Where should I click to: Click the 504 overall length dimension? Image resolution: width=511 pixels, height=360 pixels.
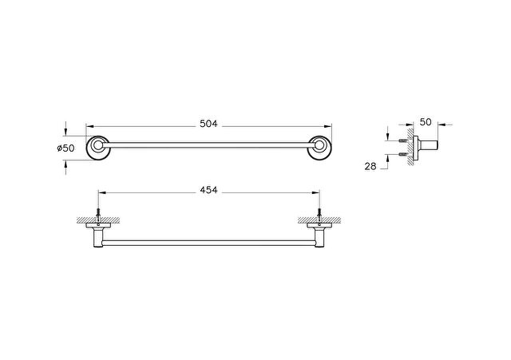click(208, 124)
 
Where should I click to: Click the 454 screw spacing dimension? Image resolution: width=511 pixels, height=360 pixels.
click(208, 190)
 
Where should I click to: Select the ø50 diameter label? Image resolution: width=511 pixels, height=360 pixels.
click(65, 148)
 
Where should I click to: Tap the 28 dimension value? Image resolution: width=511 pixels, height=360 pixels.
click(370, 167)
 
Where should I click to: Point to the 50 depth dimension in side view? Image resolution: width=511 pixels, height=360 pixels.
click(426, 122)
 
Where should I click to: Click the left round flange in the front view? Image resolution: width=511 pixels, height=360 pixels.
click(97, 148)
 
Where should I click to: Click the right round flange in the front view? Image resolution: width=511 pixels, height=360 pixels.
click(319, 148)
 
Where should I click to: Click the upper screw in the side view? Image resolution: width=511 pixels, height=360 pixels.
click(402, 140)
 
